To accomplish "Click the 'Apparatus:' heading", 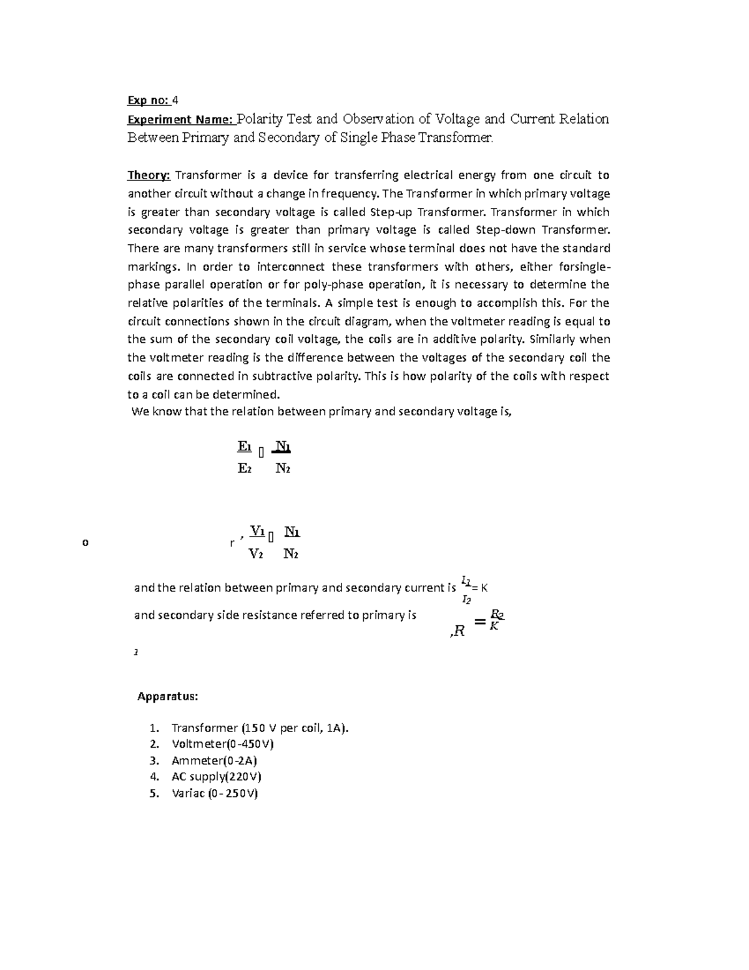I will pos(168,696).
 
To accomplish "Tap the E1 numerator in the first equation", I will pos(245,447).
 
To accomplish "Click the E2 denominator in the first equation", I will pos(245,468).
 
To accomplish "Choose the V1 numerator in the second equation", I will pos(257,532).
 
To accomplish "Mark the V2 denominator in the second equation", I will pos(256,553).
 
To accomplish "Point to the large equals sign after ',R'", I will pos(479,621).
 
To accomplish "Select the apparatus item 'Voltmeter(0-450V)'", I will pos(222,745).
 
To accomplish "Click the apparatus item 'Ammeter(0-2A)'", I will pos(214,761).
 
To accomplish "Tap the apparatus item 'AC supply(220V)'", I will pos(216,777).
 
